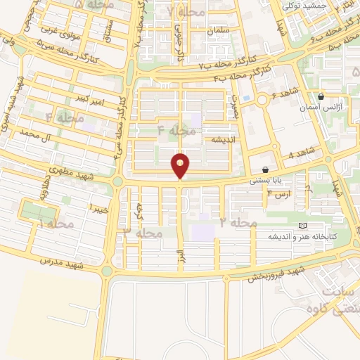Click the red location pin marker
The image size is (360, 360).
(181, 165)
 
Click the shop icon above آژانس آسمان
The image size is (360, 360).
(321, 98)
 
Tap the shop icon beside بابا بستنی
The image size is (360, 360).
(265, 169)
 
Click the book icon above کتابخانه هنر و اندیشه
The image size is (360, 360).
(302, 226)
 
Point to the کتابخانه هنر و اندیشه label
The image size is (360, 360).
(288, 237)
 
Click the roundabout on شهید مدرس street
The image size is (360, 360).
(106, 271)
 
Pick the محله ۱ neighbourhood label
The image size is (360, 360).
(56, 224)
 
